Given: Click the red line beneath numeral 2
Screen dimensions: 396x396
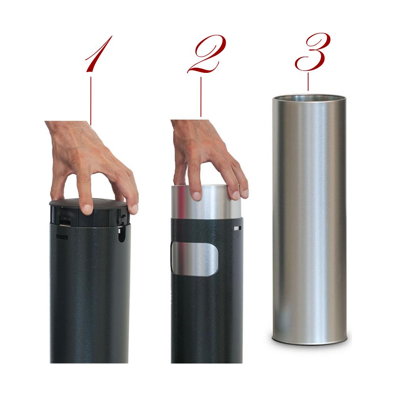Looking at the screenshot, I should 201,97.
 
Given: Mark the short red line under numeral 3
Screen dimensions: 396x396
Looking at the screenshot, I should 308,82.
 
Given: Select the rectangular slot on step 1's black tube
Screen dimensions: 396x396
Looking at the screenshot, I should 62,236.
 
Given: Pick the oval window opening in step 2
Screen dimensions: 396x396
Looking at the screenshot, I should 194,259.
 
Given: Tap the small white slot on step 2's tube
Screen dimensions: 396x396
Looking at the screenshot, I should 237,228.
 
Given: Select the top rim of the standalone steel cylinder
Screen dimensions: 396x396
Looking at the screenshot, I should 309,96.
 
